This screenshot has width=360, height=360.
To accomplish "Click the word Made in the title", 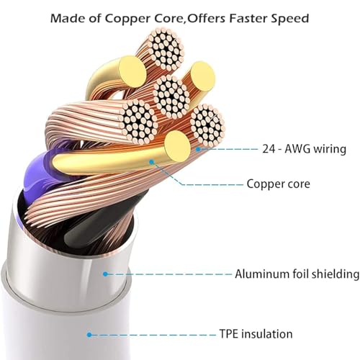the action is pos(64,18).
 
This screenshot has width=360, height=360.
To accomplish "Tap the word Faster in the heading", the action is pos(248,18).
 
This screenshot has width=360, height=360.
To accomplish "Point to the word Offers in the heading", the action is pos(207,18).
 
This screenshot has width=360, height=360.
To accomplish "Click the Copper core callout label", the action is pos(278,184).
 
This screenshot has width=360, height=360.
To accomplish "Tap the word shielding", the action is pos(336,274).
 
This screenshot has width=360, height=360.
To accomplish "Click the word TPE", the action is pos(228,334).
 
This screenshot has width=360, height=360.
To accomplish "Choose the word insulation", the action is pos(266,334).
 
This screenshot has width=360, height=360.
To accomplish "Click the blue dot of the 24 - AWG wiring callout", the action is pos(198,149).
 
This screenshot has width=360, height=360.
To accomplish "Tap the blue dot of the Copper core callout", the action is pos(151,162).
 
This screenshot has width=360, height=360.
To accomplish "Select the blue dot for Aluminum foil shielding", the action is pos(105,274).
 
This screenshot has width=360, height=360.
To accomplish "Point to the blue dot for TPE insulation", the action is pos(89,334).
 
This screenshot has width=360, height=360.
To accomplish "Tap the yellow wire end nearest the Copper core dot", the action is pos(177,146).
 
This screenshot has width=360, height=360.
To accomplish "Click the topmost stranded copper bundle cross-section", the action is pos(166,50).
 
